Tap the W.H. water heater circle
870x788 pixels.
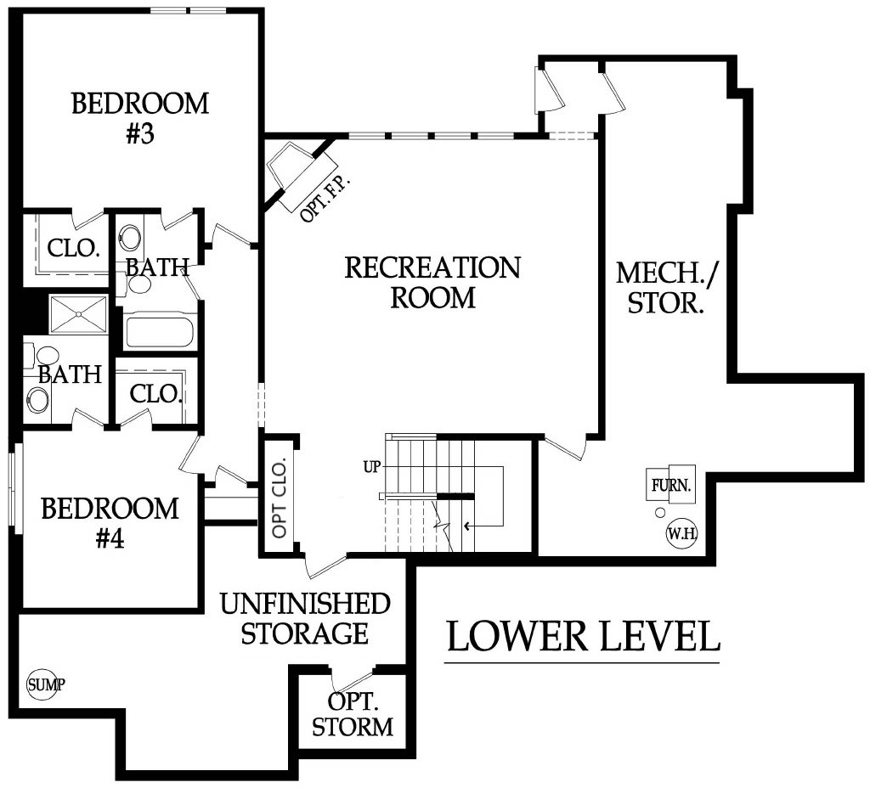point(681,534)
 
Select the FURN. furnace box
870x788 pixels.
point(671,485)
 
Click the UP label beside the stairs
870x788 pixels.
point(372,468)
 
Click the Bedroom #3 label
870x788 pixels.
point(140,119)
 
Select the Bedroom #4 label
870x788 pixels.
point(110,523)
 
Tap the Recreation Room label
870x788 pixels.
point(432,282)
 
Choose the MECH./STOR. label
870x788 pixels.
point(666,288)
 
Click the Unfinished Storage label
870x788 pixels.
point(305,618)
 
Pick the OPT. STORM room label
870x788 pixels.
point(353,714)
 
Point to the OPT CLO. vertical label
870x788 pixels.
point(279,498)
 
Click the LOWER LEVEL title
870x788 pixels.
point(583,637)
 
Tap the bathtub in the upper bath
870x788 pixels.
point(160,331)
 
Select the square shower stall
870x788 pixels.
point(79,314)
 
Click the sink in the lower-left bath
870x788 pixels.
point(37,399)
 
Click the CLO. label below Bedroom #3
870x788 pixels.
point(73,248)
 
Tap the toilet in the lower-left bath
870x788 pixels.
point(42,356)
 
